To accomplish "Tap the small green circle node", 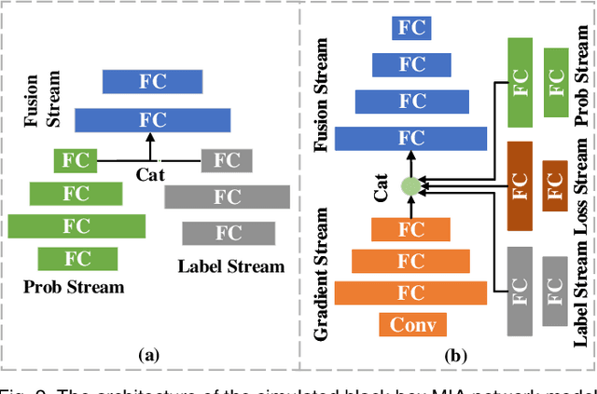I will click(410, 186).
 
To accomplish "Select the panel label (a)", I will click(148, 354).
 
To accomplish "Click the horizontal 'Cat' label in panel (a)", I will click(150, 174).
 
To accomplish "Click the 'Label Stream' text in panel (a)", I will click(230, 266).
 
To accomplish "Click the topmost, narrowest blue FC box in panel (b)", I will click(410, 26).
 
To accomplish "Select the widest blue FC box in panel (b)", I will click(410, 138).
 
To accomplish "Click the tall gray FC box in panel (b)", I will click(519, 290).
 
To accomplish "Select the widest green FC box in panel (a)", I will click(77, 225).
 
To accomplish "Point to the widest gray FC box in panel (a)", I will click(227, 197).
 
